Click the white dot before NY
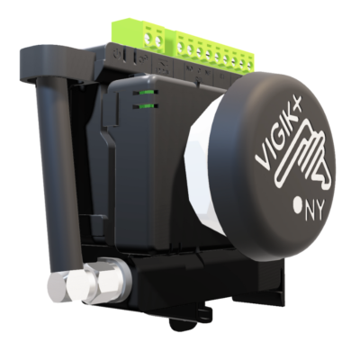click(298, 206)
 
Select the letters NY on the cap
click(315, 211)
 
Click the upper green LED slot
click(146, 93)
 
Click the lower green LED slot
click(146, 105)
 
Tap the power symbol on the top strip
click(117, 55)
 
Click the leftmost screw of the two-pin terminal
click(148, 38)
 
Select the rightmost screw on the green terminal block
click(249, 64)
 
